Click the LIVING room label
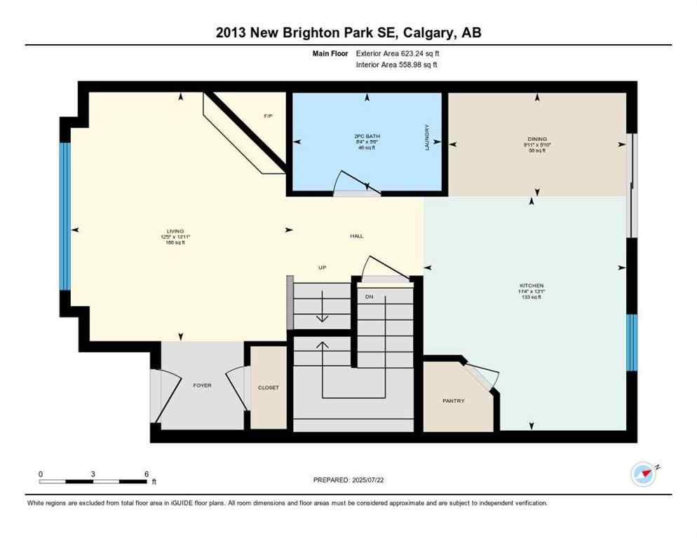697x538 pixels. click(175, 231)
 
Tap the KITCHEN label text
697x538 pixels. click(531, 286)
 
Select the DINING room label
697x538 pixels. click(539, 139)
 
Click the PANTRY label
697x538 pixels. click(453, 401)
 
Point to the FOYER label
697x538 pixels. click(202, 385)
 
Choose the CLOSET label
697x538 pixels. click(269, 387)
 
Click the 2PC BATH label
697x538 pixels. click(366, 136)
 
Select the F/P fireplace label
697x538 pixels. click(268, 116)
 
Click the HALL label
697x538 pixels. click(356, 236)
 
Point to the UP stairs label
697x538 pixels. click(323, 268)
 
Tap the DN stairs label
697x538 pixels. click(369, 297)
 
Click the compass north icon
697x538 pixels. click(644, 474)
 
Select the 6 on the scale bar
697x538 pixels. click(146, 474)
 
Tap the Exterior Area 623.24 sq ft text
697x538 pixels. click(398, 53)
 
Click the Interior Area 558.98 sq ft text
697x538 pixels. click(397, 64)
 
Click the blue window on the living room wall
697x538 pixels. click(65, 216)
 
